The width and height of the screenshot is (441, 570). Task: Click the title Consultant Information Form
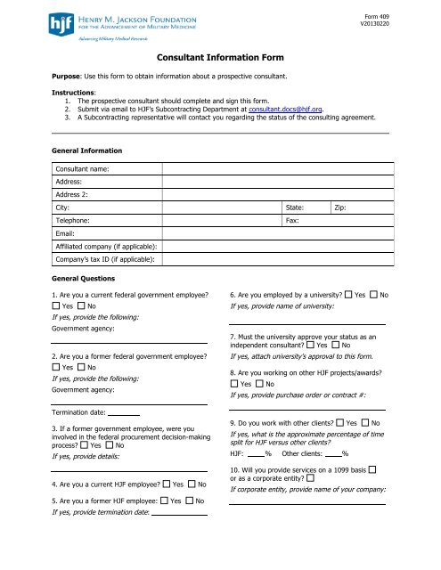click(221, 56)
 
